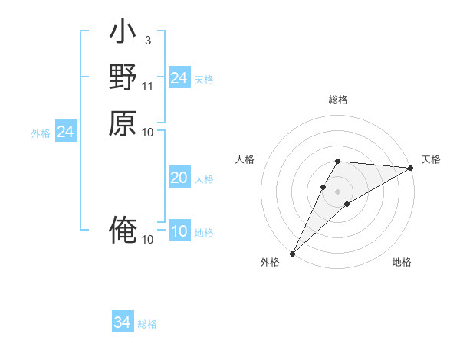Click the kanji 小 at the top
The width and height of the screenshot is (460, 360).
point(123,34)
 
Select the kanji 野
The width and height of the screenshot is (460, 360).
point(123,77)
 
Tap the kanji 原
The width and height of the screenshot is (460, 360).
point(123,123)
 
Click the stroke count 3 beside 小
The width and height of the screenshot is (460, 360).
point(147,40)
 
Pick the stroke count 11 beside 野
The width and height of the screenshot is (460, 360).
point(148,86)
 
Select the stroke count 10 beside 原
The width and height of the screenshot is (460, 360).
point(148,132)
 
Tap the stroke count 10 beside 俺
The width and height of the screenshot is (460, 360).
point(148,240)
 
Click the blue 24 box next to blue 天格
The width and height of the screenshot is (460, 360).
point(179,78)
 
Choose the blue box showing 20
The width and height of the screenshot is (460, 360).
point(179,178)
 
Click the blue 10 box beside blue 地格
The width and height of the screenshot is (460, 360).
point(179,232)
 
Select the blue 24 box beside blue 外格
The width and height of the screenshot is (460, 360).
point(66,133)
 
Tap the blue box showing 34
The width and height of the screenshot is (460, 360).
point(122,322)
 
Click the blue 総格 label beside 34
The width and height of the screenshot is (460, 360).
point(147,324)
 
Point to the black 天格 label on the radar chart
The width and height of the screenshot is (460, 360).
point(431,159)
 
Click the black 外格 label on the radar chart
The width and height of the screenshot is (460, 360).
point(270,263)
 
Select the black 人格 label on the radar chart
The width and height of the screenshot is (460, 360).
point(245,159)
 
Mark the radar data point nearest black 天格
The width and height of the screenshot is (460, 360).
point(411,169)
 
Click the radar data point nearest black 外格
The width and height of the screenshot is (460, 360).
point(292,254)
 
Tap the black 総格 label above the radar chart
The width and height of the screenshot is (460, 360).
point(338,100)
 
